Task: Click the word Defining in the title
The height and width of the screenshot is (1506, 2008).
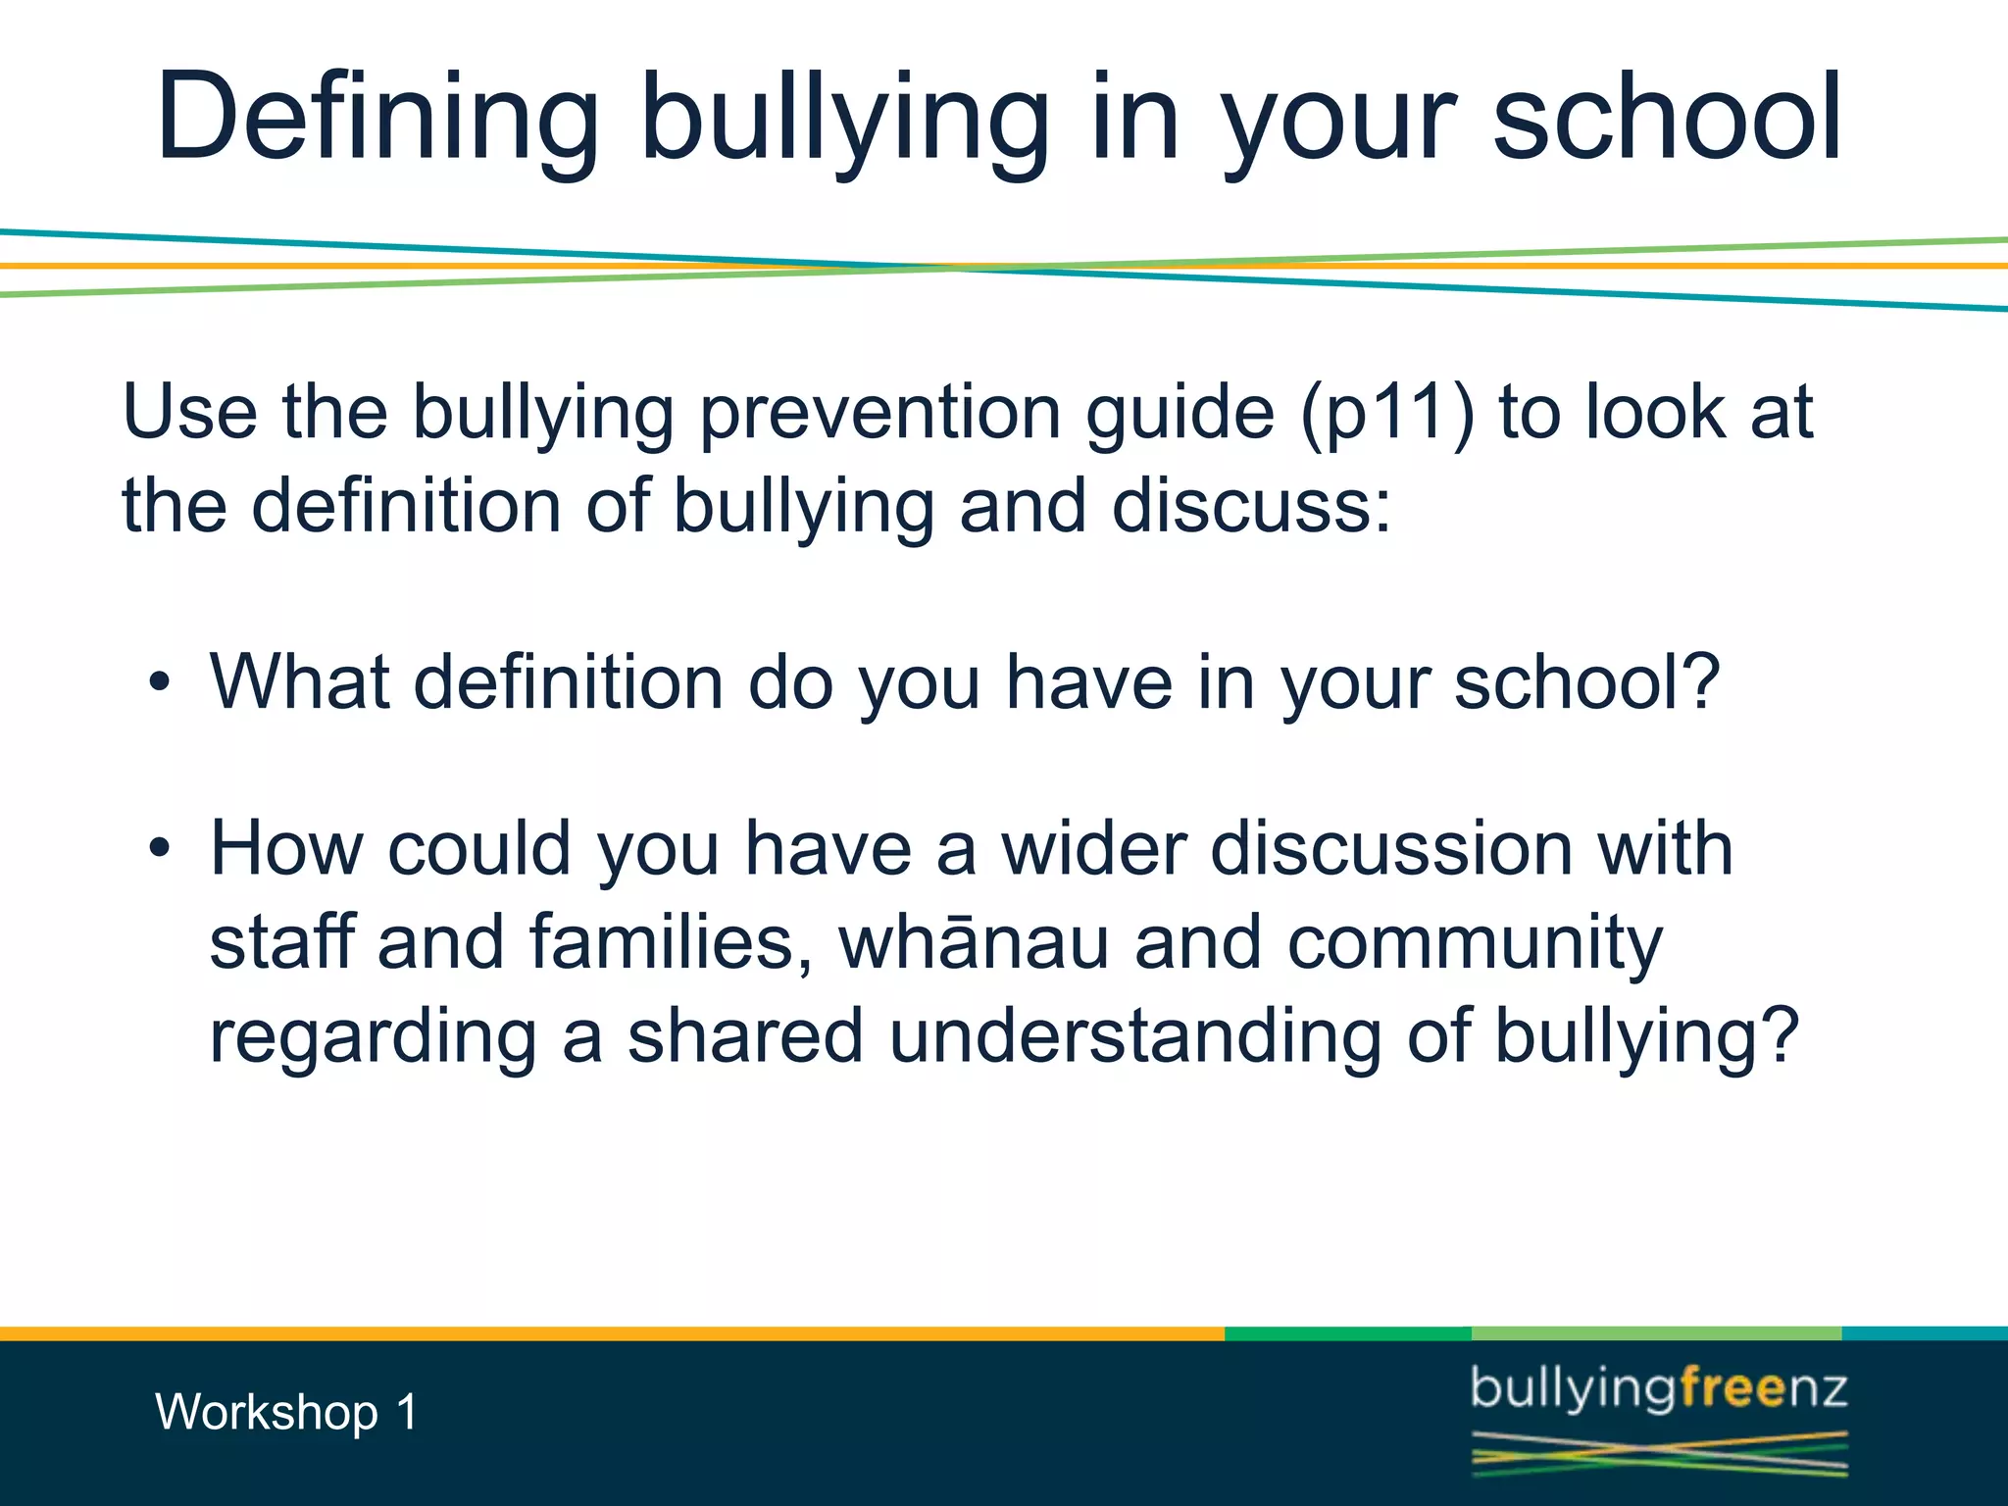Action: [376, 118]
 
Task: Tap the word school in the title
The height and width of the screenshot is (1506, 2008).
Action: [1666, 118]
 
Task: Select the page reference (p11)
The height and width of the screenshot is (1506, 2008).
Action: [1387, 413]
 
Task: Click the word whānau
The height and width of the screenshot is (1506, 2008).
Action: [974, 942]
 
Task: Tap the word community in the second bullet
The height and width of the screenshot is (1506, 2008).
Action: [1475, 942]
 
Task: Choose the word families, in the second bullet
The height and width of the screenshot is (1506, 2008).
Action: [671, 942]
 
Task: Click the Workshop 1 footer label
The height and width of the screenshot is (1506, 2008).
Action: [286, 1413]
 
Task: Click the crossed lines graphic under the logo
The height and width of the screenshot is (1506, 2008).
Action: [1659, 1453]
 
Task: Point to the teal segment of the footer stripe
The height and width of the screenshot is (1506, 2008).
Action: [1924, 1333]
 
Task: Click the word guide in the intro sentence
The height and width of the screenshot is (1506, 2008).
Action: [1180, 413]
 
